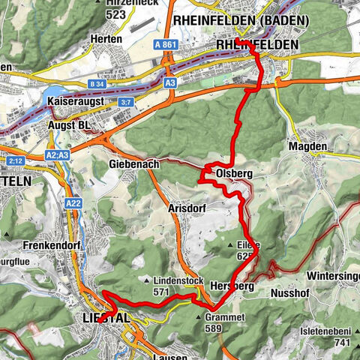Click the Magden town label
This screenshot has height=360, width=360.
[306, 148]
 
